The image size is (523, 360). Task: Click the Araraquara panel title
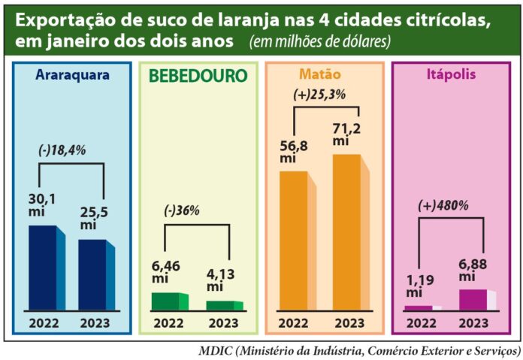pyautogui.click(x=72, y=75)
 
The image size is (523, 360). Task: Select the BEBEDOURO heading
pyautogui.click(x=198, y=77)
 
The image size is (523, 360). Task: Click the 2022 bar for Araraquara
pyautogui.click(x=42, y=268)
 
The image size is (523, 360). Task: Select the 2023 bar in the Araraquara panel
pyautogui.click(x=92, y=274)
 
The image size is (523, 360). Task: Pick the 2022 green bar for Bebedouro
pyautogui.click(x=165, y=301)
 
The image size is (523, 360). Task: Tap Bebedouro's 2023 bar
pyautogui.click(x=219, y=305)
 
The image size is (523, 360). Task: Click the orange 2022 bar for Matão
pyautogui.click(x=293, y=241)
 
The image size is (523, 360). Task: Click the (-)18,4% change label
pyautogui.click(x=62, y=150)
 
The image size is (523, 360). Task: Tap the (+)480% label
pyautogui.click(x=443, y=204)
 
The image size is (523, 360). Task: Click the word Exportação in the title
pyautogui.click(x=61, y=19)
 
